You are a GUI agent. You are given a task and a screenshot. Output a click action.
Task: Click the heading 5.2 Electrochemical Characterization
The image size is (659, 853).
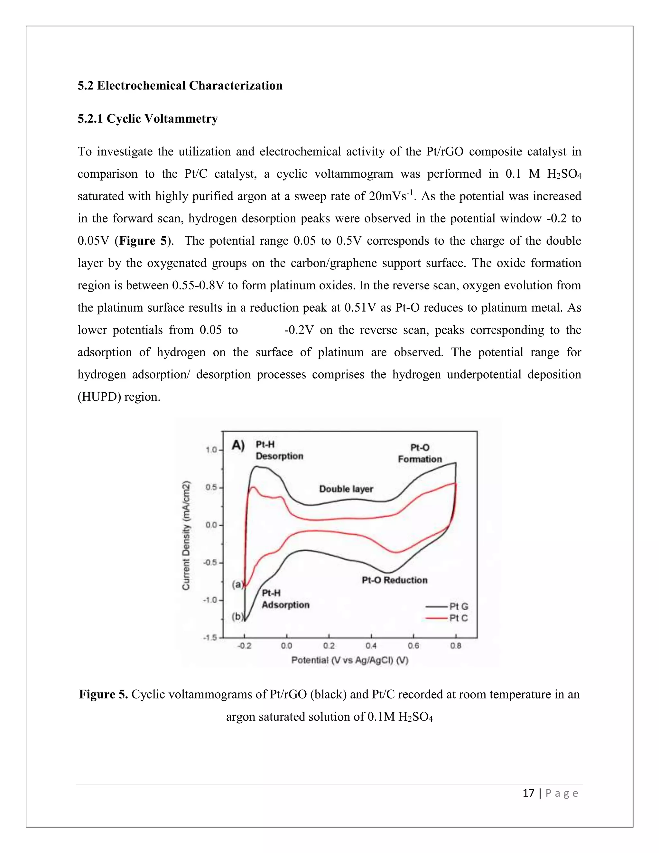coord(180,86)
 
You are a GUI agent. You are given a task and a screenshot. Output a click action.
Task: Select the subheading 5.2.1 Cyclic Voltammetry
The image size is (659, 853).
coord(148,119)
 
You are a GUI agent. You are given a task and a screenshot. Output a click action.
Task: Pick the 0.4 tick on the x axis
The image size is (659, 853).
coord(371,646)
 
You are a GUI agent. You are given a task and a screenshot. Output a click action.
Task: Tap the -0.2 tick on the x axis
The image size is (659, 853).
coord(245,646)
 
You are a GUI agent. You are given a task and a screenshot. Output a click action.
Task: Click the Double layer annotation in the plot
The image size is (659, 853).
coord(346,489)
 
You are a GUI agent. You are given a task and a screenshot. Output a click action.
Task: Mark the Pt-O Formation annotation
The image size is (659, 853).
coord(420,454)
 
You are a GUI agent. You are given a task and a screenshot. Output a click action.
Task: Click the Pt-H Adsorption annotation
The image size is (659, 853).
coord(285,599)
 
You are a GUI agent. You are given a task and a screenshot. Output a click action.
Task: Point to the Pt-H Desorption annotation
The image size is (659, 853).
coord(279,450)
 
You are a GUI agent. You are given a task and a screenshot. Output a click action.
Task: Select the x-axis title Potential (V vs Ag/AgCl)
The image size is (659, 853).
coord(349,661)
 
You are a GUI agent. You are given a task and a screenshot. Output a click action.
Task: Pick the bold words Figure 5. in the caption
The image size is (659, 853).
coord(104,694)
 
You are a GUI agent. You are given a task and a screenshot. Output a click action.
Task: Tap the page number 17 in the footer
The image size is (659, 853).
coord(528,793)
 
